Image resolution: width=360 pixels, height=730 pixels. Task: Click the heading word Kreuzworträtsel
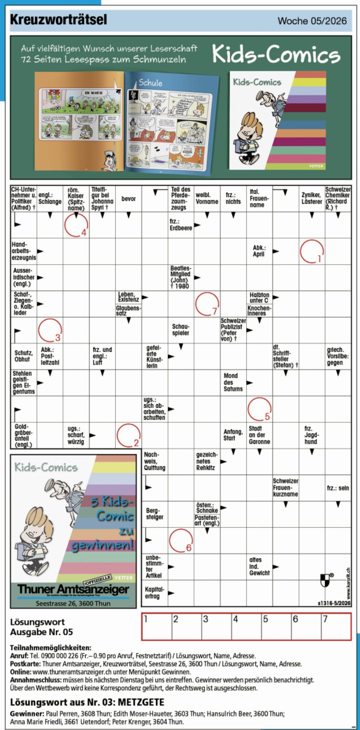(59, 20)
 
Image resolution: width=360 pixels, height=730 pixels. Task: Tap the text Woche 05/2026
(312, 21)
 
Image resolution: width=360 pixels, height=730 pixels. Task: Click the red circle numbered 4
(76, 225)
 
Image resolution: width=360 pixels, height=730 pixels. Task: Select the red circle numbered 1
(312, 251)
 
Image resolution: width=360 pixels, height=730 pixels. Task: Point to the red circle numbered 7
(207, 304)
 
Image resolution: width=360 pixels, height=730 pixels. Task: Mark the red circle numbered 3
(50, 330)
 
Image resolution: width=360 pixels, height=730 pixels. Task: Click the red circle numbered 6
(181, 540)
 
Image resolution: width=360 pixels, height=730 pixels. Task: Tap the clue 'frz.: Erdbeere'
(181, 225)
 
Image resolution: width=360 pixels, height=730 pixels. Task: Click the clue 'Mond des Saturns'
(233, 382)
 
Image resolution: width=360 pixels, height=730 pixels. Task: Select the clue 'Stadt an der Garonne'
(259, 435)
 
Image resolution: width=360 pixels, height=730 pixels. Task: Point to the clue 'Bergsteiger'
(155, 514)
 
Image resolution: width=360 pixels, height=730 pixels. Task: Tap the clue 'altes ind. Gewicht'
(259, 566)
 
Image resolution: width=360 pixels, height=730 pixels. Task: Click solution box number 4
(247, 627)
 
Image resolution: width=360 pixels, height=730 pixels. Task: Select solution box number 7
(336, 627)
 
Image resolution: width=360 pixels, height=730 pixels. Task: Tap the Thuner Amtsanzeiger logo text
(73, 589)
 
